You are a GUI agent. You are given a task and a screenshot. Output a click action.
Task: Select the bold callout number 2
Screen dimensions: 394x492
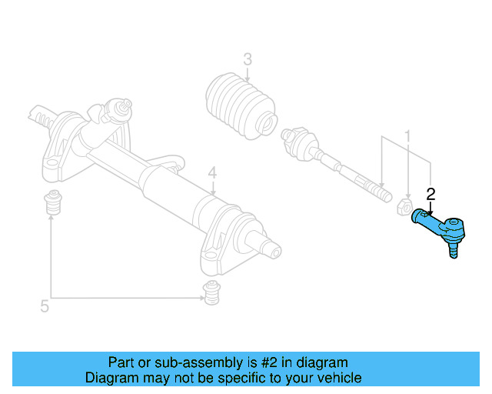coord(431,194)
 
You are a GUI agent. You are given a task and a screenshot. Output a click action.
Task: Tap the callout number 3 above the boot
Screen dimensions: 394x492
coord(247,58)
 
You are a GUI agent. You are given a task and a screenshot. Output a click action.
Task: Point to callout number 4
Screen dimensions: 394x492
coord(212,173)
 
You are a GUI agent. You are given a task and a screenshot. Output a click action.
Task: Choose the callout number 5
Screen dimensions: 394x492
coord(45,306)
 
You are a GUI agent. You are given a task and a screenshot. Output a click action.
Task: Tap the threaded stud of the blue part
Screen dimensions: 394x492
coord(453,250)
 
